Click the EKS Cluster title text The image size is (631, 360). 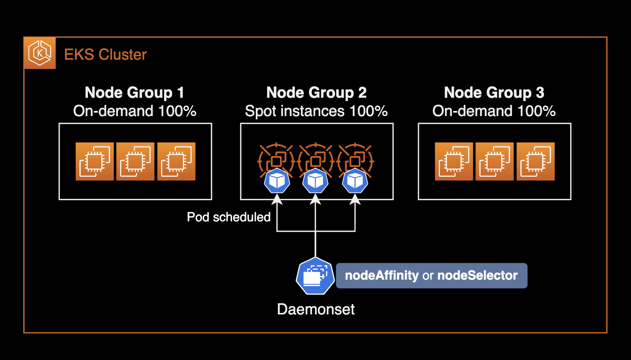click(x=105, y=55)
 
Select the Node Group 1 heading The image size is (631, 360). click(x=134, y=93)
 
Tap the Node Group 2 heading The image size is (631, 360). click(x=316, y=93)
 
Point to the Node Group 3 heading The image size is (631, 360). click(x=494, y=93)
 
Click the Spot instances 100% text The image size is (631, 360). click(x=316, y=111)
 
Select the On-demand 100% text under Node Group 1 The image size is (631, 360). click(x=134, y=111)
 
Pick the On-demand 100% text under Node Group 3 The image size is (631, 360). click(x=494, y=111)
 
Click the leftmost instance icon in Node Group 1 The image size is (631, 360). click(x=95, y=162)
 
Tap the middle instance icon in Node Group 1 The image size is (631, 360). click(x=135, y=162)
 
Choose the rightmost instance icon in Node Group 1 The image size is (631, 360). click(x=176, y=162)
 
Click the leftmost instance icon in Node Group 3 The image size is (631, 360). click(x=454, y=162)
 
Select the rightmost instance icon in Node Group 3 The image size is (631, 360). click(x=536, y=162)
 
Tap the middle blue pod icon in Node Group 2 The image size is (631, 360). click(x=315, y=181)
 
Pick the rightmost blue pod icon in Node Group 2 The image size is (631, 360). click(x=355, y=181)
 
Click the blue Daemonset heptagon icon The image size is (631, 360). click(x=315, y=276)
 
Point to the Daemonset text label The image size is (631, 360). click(x=316, y=309)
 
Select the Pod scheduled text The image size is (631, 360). click(x=229, y=217)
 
